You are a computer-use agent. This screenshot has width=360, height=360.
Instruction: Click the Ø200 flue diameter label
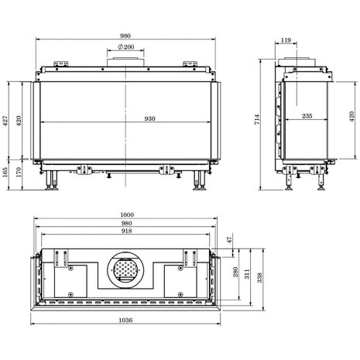126,47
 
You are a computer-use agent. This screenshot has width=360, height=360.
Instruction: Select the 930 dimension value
150,118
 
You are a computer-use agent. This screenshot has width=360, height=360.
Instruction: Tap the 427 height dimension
5,121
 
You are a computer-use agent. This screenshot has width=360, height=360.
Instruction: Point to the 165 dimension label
5,172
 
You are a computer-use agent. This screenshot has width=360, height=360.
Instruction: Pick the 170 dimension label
19,172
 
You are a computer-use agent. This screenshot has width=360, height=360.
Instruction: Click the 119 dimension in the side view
286,40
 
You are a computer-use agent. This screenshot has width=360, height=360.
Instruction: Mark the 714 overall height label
257,119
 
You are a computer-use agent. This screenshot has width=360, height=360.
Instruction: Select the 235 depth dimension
307,116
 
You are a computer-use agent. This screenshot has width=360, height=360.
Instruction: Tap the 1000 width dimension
127,214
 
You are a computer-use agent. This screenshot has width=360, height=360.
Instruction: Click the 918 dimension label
126,231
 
